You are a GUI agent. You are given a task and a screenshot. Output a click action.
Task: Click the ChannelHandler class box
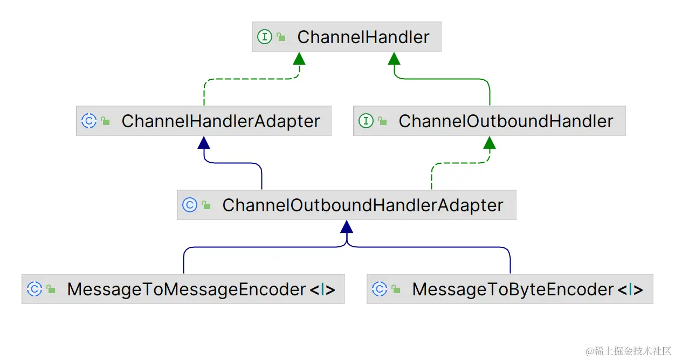[346, 37]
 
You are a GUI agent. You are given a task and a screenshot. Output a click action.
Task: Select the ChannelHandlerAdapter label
[221, 121]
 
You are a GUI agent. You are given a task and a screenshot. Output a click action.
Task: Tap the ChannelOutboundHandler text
[506, 121]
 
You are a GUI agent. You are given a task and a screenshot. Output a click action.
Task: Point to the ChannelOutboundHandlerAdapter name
[362, 205]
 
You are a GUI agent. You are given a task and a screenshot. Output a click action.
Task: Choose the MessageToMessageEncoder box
[183, 289]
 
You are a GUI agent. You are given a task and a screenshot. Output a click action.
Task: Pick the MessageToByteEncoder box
[509, 289]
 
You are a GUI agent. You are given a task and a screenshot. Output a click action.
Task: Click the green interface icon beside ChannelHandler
[264, 37]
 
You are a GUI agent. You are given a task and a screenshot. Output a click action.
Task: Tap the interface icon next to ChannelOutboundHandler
[366, 121]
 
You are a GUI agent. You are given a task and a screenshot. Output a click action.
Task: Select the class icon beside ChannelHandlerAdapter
[88, 121]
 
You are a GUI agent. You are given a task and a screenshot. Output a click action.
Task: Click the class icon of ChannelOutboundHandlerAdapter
[189, 205]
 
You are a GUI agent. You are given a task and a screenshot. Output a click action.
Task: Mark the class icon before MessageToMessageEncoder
[34, 289]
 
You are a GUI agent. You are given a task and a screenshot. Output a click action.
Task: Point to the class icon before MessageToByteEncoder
[380, 289]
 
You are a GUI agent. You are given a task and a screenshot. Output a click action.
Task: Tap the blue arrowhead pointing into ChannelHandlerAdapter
[203, 142]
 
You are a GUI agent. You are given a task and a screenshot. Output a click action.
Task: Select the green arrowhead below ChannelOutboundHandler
[489, 142]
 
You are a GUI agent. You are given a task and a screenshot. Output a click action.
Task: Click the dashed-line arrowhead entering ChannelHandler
[299, 58]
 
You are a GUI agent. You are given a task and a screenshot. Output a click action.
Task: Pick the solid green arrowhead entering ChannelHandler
[394, 58]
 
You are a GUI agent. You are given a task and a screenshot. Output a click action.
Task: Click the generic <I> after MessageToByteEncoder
[630, 290]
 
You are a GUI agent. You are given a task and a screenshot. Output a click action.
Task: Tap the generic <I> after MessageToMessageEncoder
[322, 290]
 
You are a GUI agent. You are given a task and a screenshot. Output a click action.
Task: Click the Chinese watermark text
[629, 351]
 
